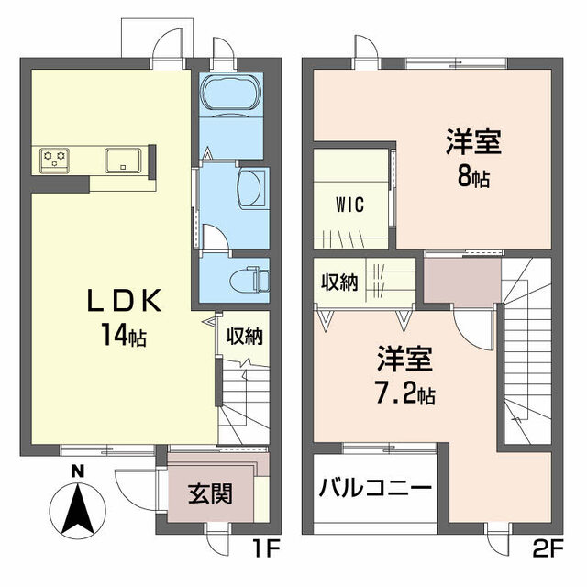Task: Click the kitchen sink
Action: pos(122,160)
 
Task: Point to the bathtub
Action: pos(229,94)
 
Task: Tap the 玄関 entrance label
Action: pos(210,494)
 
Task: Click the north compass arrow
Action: pos(79,510)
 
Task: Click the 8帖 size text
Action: pos(474,176)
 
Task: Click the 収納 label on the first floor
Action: pos(245,336)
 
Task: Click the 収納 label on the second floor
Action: pos(338,282)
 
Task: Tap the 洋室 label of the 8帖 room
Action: pos(474,143)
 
